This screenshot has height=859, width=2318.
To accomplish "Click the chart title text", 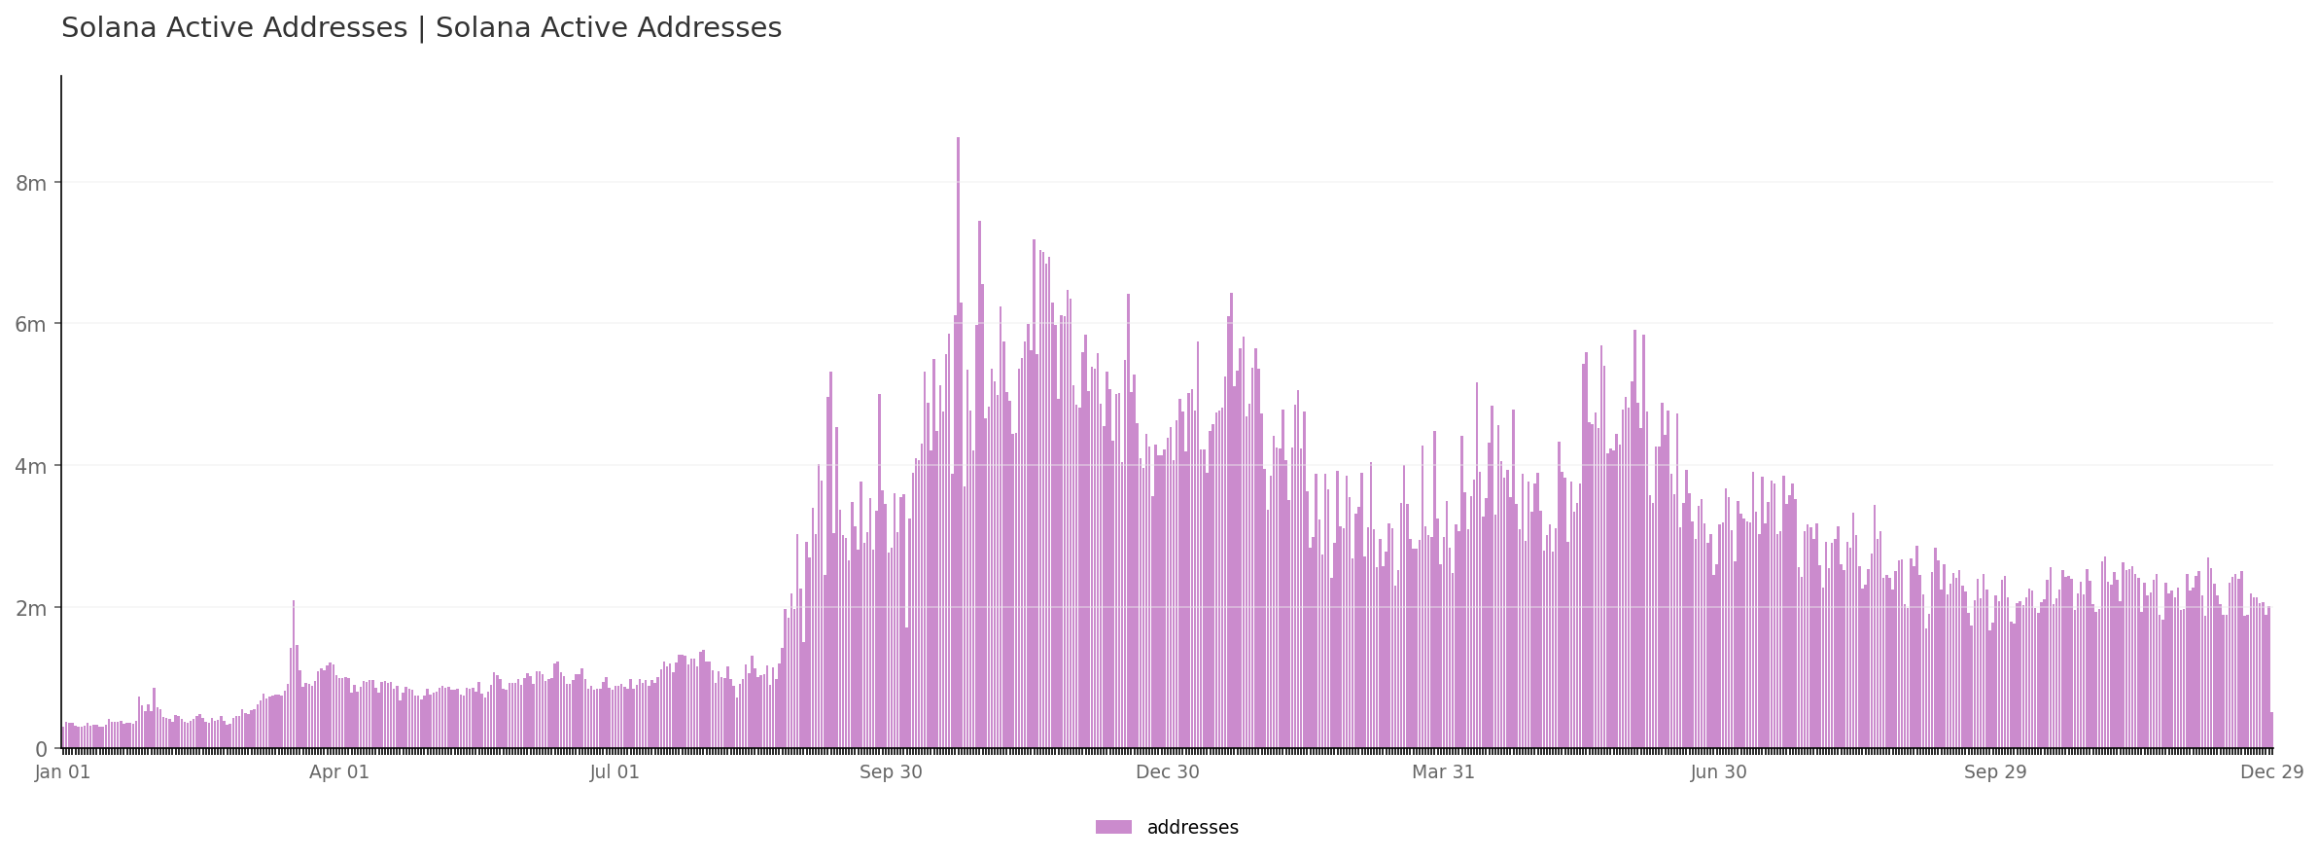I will coord(421,28).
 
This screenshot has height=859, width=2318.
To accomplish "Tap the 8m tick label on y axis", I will coord(31,183).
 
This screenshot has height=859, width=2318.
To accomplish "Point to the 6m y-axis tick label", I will coord(31,324).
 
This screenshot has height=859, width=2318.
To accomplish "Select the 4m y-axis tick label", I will coord(31,466).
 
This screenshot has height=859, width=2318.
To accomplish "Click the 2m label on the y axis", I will coord(31,608).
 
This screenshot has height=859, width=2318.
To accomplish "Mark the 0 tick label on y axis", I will coord(41,749).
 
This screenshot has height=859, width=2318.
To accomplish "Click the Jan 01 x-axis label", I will coord(63,772).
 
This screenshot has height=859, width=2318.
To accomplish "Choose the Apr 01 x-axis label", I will coord(339,772).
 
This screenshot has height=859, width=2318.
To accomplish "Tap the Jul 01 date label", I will coord(615,772).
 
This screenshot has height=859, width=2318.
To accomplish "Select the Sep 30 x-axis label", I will coord(891,772).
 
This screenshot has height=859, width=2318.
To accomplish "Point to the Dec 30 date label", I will coord(1167,772).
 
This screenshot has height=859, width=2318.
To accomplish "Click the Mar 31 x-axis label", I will coord(1443,772).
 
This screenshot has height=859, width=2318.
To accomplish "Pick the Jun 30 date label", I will coord(1719,772).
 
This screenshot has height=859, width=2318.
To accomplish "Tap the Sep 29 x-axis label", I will coord(1995,772).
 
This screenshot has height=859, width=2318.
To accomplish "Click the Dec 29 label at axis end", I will coord(2271,772).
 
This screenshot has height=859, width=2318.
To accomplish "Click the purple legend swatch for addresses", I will coord(1113,828).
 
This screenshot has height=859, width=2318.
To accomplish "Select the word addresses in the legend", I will coord(1192,828).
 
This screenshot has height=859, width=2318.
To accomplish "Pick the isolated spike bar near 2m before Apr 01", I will coord(294,671).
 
